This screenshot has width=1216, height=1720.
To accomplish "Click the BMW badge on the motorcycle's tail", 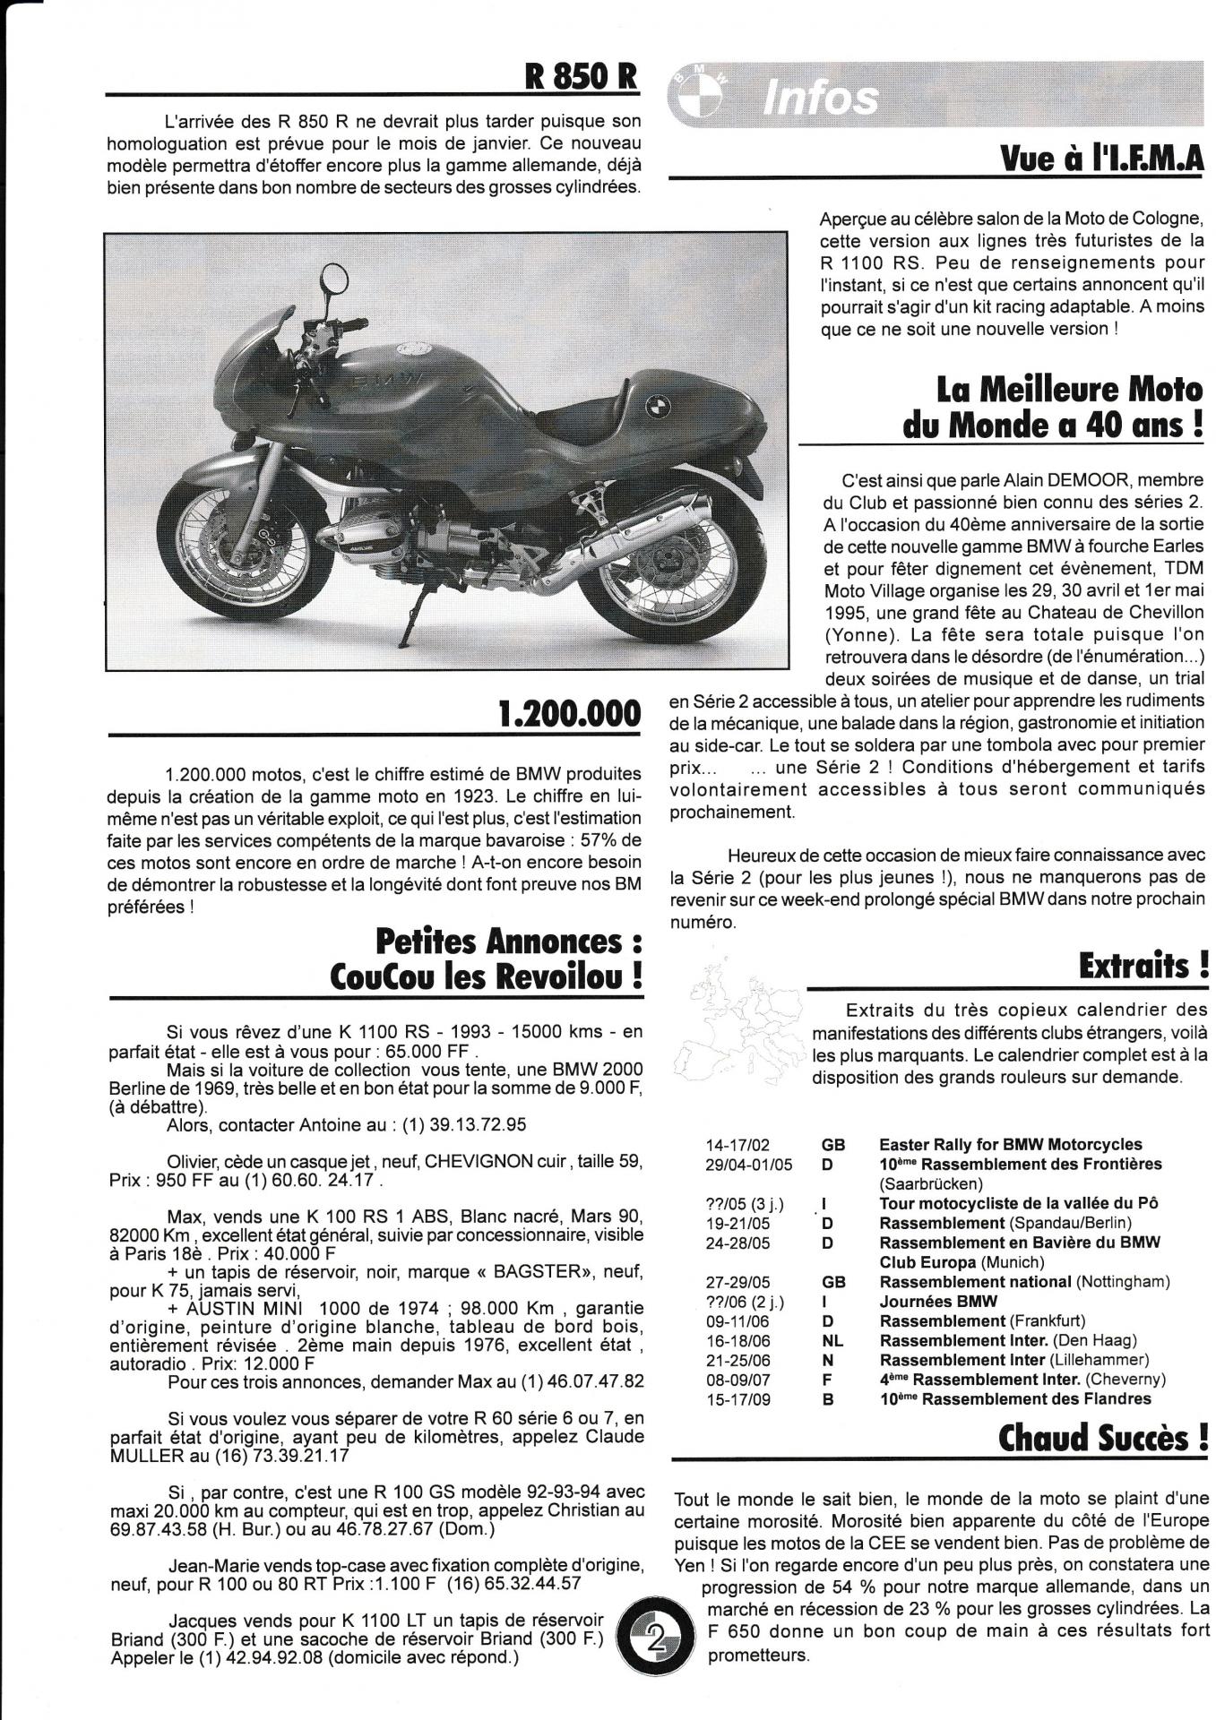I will point(657,407).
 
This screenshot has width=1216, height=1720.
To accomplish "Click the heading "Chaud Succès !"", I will point(1103,1440).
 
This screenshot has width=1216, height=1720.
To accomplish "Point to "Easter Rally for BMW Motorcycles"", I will point(1010,1145).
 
